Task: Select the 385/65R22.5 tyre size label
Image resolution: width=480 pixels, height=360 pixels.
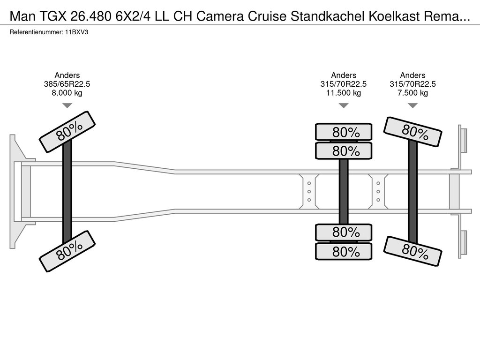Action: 67,84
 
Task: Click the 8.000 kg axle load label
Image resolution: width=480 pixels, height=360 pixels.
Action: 67,93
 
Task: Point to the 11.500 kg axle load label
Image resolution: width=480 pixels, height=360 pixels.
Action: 344,93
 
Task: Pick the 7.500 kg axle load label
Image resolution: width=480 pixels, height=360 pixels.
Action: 412,93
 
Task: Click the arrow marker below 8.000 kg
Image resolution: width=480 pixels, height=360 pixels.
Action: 67,105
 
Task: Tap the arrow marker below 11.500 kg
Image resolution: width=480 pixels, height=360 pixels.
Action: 344,105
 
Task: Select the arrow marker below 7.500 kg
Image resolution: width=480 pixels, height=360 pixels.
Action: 412,105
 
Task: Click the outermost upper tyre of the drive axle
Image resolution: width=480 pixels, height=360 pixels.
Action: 344,132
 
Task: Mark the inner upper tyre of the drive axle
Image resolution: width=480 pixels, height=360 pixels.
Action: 344,151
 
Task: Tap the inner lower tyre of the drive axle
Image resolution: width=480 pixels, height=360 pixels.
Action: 344,232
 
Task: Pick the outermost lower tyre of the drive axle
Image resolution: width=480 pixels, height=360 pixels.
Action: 344,252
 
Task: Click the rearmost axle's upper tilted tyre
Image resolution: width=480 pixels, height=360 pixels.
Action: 412,132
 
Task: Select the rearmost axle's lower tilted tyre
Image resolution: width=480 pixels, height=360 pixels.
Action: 412,251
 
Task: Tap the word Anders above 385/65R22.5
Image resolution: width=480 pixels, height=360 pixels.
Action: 67,75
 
